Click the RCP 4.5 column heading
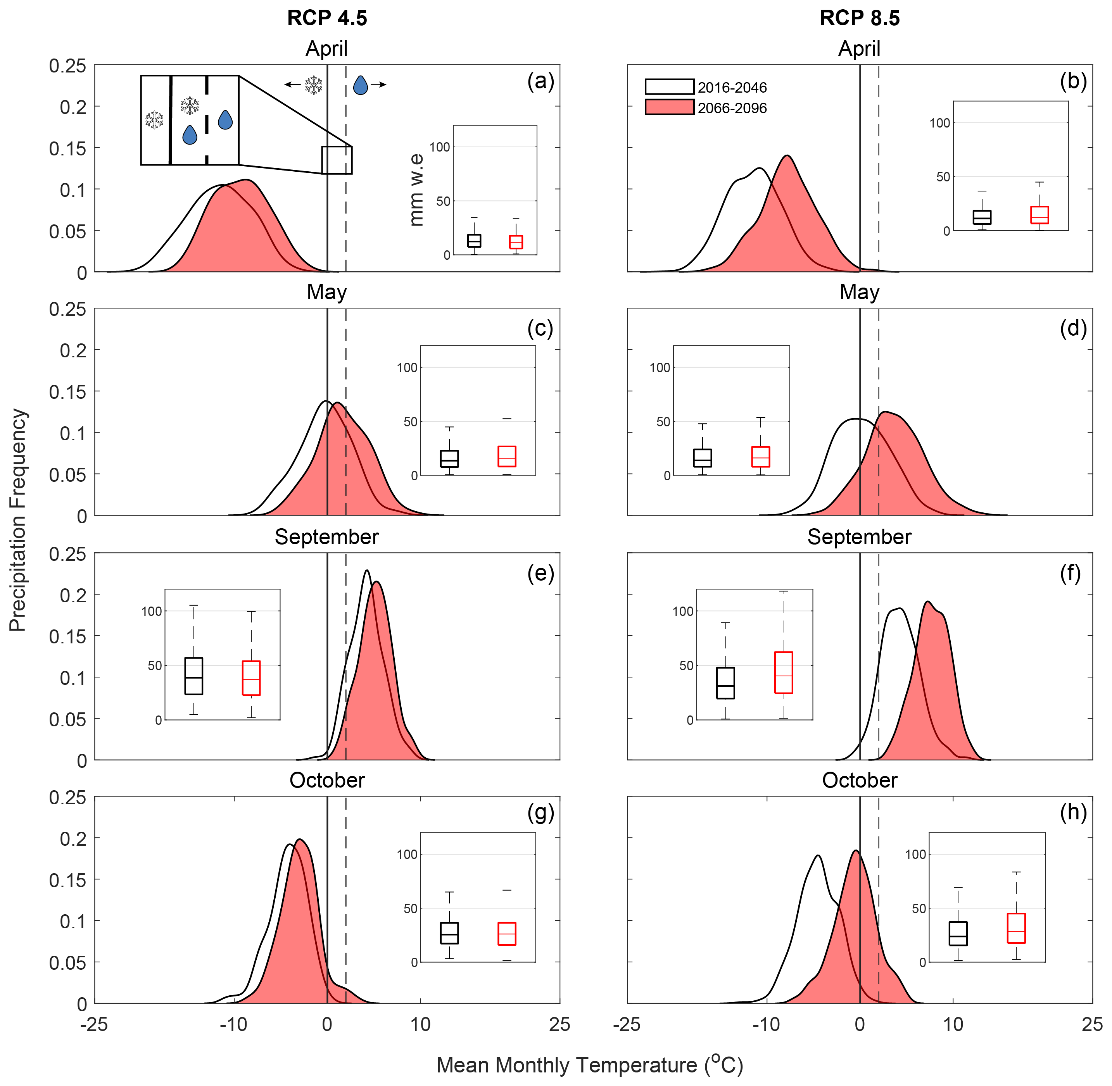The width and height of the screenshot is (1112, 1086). click(327, 18)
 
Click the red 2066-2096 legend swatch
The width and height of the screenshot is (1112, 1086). click(669, 107)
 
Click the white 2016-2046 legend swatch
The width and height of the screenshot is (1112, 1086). click(669, 87)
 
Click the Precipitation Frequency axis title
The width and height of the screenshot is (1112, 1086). click(18, 519)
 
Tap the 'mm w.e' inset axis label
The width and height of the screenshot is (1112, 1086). click(416, 190)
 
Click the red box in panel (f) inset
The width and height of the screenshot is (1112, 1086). click(783, 672)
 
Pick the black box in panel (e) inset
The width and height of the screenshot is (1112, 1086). click(194, 676)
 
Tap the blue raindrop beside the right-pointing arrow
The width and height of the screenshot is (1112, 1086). click(360, 85)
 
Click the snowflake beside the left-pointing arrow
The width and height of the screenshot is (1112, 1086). click(313, 85)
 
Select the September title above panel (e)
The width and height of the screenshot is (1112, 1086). click(326, 537)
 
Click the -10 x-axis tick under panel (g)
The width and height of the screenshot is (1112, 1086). click(234, 1024)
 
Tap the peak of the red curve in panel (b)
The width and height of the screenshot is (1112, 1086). click(787, 156)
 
